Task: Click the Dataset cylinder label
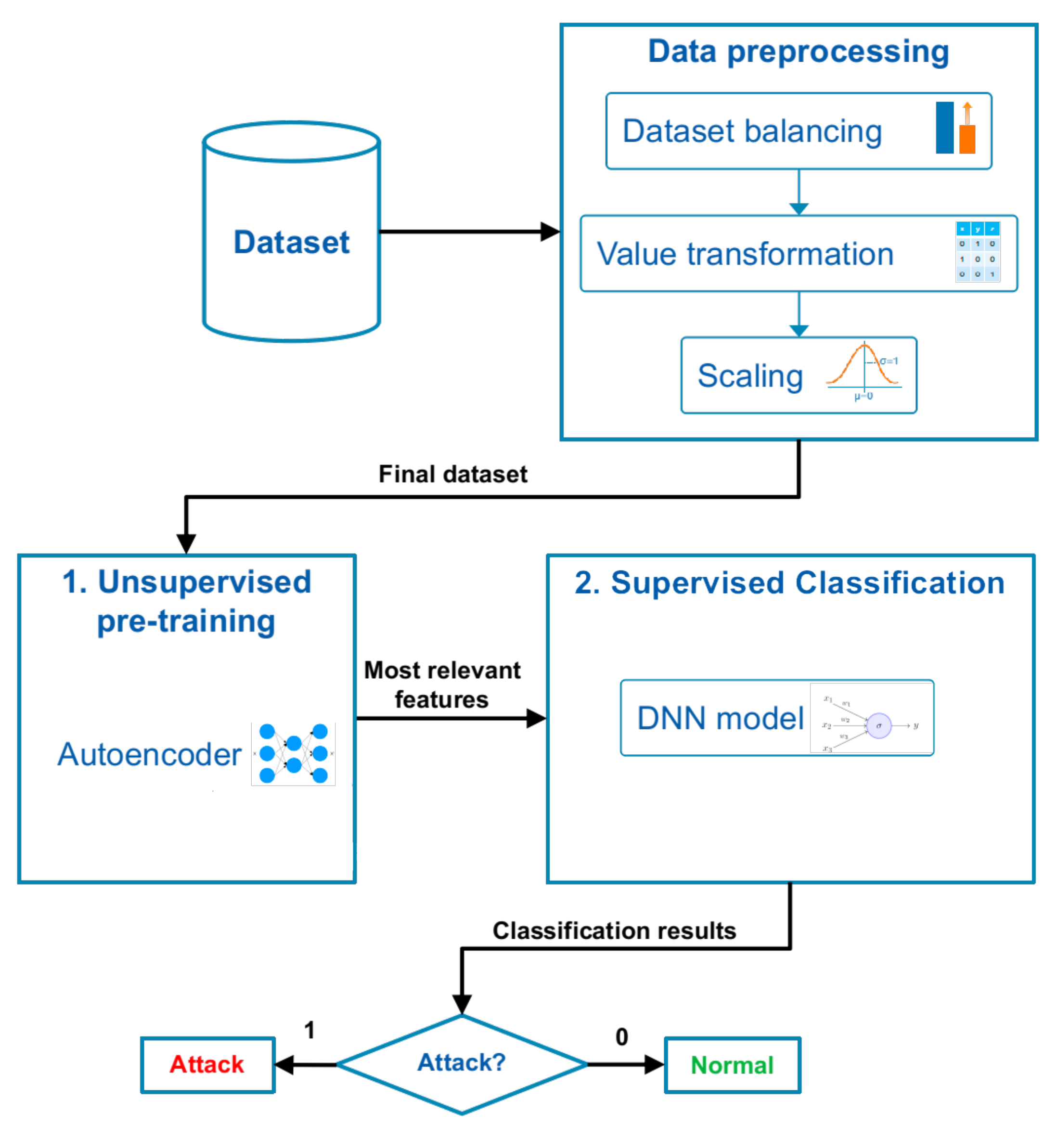(291, 242)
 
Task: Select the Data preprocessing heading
(798, 52)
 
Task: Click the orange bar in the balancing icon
(967, 139)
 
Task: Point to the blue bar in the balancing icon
(944, 128)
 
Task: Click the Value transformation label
(745, 254)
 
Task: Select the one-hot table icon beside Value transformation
(978, 252)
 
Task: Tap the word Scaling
(750, 376)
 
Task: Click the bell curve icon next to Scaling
(863, 369)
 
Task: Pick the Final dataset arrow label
(452, 474)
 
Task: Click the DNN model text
(720, 718)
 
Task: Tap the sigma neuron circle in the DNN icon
(878, 725)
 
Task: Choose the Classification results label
(614, 931)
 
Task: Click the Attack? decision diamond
(462, 1062)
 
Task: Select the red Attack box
(207, 1064)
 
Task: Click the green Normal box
(732, 1065)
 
